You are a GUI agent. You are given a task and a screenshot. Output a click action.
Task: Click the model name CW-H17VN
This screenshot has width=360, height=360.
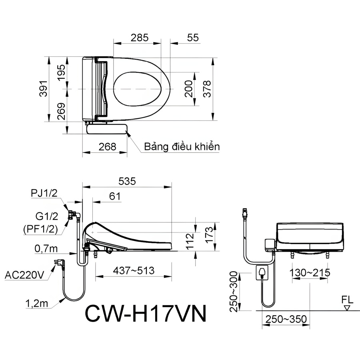(146, 314)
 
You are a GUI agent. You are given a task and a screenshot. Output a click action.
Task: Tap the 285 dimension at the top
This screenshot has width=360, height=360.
(140, 38)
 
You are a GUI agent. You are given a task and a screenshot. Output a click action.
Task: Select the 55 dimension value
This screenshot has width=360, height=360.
(193, 38)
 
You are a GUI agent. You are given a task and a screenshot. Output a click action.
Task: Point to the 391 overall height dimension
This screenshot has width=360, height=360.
(43, 88)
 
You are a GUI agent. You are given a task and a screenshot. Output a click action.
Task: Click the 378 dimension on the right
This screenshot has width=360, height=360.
(207, 89)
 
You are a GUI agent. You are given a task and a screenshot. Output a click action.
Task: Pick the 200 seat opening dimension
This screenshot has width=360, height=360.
(189, 89)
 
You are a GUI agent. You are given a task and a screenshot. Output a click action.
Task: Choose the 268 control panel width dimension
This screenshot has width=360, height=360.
(108, 147)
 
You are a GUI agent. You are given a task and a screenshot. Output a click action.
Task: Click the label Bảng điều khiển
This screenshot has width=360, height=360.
(182, 146)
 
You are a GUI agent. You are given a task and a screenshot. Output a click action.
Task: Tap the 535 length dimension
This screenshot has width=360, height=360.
(127, 181)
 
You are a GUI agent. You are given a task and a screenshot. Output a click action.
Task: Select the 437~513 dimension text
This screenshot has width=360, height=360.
(134, 270)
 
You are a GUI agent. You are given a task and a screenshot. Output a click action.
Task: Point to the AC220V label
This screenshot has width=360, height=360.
(24, 275)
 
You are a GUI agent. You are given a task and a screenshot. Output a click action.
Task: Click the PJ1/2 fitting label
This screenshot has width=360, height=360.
(44, 193)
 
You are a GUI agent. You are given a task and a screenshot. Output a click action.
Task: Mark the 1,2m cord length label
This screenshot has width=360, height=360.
(37, 304)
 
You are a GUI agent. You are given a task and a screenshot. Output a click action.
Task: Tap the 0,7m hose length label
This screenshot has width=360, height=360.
(46, 248)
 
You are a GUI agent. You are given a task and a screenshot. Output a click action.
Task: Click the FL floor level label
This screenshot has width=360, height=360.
(347, 300)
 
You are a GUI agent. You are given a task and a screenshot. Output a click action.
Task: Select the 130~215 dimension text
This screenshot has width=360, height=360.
(310, 273)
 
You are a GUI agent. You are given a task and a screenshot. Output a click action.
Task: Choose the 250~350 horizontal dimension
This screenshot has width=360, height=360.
(286, 319)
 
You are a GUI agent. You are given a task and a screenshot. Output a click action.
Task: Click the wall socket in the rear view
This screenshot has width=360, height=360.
(262, 272)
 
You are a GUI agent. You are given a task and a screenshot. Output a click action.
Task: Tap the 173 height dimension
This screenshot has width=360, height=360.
(209, 235)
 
